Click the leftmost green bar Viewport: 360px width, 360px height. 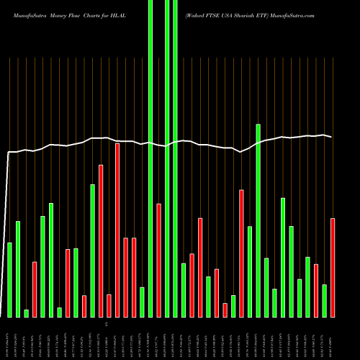tap(9, 279)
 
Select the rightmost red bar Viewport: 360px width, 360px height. tap(333, 267)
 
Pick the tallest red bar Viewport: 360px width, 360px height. tap(117, 230)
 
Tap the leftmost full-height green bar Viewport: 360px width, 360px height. tap(150, 158)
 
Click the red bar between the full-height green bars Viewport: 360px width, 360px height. tap(158, 260)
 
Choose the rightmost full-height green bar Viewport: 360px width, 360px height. tap(175, 158)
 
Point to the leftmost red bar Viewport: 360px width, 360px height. tap(35, 289)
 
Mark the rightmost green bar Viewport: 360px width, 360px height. tap(324, 300)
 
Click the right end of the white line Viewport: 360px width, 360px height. tap(332, 137)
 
